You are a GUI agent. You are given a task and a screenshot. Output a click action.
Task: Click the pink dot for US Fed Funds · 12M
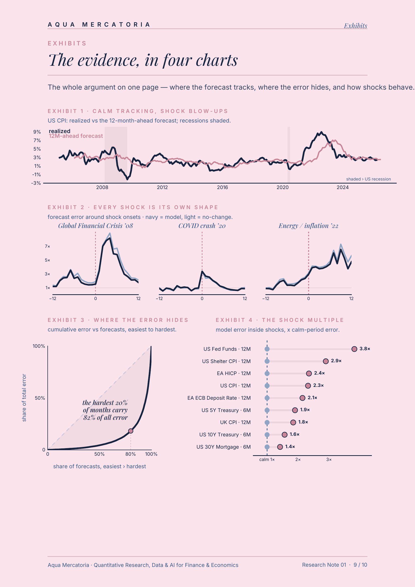point(354,349)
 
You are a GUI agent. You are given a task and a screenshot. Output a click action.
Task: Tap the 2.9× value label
point(336,361)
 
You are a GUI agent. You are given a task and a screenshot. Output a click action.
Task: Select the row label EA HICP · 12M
point(234,373)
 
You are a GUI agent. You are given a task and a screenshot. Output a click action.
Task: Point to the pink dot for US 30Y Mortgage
point(280,447)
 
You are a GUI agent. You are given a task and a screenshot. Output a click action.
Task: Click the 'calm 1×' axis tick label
point(267,459)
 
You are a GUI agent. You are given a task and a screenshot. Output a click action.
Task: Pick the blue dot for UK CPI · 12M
point(267,422)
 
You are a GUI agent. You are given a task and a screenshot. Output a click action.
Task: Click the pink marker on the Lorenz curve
point(130,431)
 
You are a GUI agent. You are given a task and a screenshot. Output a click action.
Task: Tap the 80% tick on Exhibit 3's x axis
point(130,454)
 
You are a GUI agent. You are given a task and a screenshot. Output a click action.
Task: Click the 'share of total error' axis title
point(24,398)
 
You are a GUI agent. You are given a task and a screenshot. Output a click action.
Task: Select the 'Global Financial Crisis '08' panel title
point(96,226)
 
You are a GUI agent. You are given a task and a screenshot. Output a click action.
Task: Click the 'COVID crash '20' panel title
point(202,226)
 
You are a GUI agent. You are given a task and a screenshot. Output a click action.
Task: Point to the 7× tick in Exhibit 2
point(47,247)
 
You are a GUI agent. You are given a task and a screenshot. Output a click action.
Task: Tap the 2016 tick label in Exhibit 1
point(222,187)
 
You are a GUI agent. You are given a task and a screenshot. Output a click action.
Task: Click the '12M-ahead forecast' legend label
point(76,136)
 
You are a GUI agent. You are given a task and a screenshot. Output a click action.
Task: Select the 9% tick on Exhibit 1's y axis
point(37,132)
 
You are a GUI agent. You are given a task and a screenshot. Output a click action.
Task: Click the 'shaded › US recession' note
point(369,179)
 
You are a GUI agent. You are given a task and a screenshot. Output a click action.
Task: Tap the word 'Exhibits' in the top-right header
point(356,26)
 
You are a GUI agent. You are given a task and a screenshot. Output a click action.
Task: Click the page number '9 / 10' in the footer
point(360,565)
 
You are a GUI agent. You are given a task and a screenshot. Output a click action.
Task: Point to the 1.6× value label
point(294,434)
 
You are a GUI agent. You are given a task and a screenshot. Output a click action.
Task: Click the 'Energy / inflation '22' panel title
point(308,226)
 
